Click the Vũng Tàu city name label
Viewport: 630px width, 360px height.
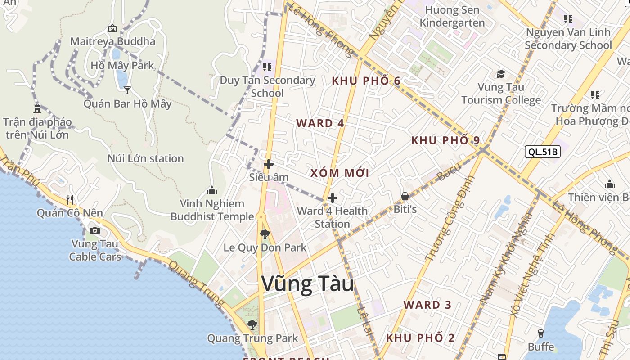point(307,284)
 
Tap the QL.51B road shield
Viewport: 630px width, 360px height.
point(543,152)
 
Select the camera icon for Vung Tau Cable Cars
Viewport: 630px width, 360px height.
point(95,231)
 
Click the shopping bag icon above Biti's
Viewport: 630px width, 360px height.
point(405,196)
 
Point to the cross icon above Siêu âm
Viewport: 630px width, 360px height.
point(269,164)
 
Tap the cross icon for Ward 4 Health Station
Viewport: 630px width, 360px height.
point(333,198)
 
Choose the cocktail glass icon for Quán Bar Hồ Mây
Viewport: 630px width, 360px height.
point(127,90)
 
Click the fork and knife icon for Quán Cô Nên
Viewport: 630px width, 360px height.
point(70,199)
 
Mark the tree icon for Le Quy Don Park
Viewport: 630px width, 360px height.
point(265,234)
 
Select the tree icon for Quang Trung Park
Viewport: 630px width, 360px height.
point(252,324)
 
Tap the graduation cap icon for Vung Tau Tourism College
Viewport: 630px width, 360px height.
point(501,74)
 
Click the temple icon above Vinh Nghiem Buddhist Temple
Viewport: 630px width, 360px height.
point(211,191)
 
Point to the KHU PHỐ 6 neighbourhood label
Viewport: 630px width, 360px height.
point(366,81)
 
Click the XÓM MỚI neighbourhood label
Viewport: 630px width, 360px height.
point(340,173)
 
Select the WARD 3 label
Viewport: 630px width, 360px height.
point(427,305)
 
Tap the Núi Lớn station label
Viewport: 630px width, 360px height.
point(145,158)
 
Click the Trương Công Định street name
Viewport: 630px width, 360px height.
point(450,218)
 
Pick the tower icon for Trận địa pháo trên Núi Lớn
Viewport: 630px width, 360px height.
point(37,108)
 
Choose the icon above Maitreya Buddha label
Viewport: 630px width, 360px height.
point(112,29)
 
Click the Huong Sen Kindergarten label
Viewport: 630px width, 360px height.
point(452,16)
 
